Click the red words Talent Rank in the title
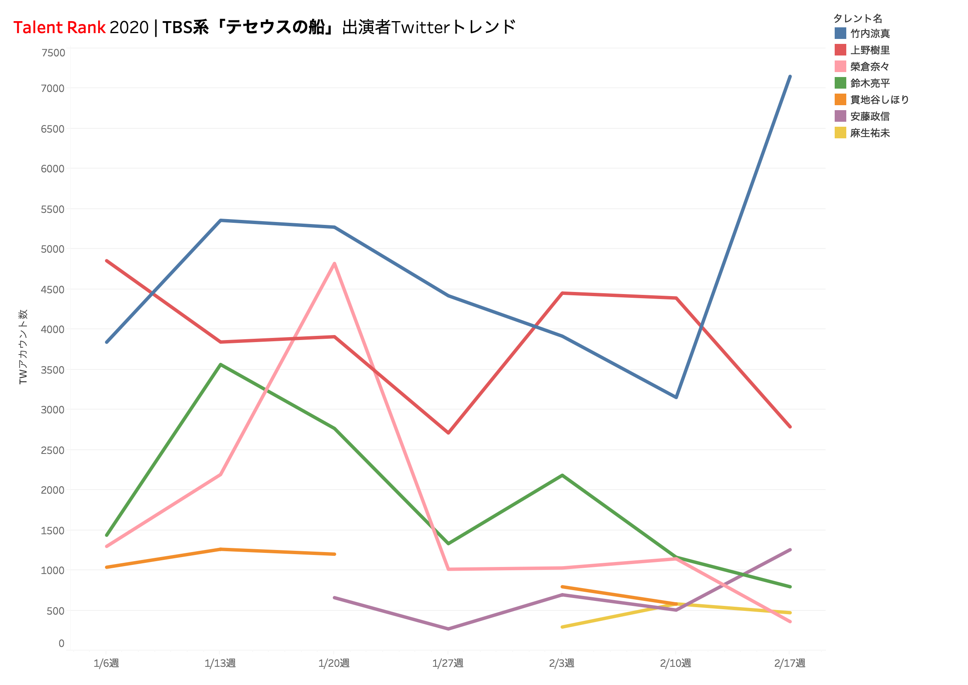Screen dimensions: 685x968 (59, 27)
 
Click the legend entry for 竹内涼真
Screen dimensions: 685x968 (869, 33)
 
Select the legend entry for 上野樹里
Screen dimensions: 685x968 (869, 50)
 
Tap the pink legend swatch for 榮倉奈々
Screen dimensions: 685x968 (840, 67)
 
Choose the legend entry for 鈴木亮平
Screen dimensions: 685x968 (869, 83)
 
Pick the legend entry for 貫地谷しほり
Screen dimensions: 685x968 (879, 99)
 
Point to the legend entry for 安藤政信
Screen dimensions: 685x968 (869, 116)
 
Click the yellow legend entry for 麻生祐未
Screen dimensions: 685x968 (869, 133)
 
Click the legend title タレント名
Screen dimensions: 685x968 (857, 18)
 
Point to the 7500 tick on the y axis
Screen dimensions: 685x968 (53, 53)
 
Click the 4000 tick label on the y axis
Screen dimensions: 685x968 (53, 329)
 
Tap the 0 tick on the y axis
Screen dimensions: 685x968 (62, 643)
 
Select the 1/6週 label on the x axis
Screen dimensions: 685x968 (106, 663)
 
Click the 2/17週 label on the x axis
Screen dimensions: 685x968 (790, 663)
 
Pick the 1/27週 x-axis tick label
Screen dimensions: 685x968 (448, 663)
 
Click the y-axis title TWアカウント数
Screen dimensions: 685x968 (23, 347)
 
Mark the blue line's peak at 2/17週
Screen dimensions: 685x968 (790, 76)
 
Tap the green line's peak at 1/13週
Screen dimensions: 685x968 (221, 364)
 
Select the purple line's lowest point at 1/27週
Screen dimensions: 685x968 (448, 629)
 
